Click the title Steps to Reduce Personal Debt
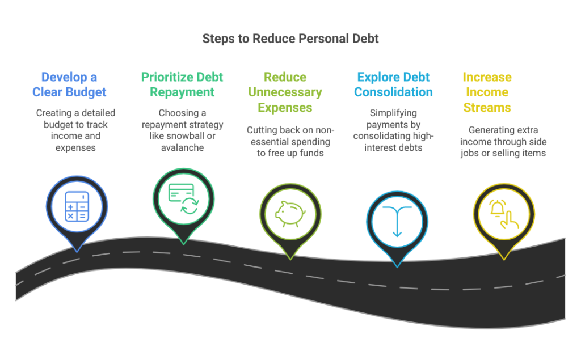click(290, 39)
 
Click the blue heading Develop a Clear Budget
click(69, 84)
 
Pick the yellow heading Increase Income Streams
click(487, 92)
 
